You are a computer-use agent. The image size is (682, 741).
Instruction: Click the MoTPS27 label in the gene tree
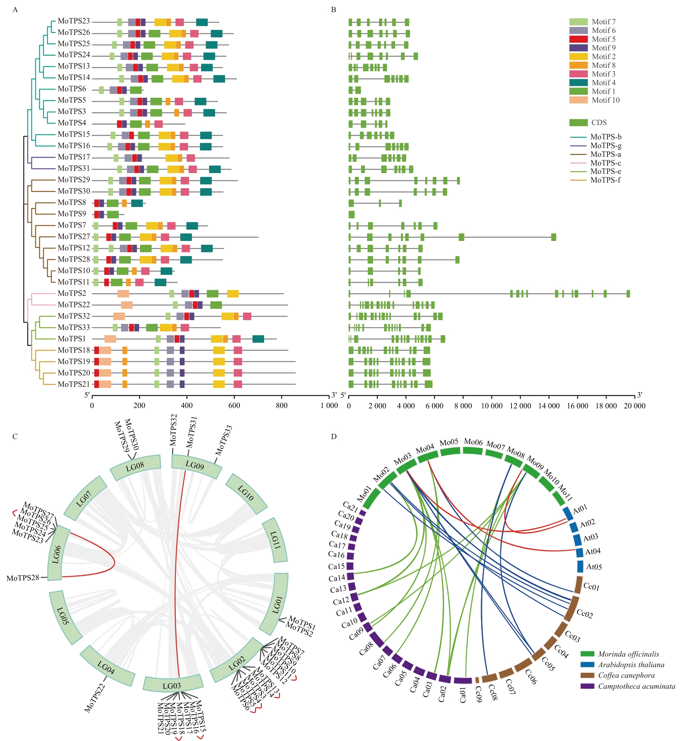point(74,237)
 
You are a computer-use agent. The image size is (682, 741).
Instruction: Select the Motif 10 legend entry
point(605,100)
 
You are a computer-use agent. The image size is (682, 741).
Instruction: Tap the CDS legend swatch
point(578,123)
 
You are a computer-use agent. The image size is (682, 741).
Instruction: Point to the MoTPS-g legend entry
point(605,146)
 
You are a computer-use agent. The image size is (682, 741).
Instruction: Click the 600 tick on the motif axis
point(234,406)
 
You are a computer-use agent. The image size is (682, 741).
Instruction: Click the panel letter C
point(15,436)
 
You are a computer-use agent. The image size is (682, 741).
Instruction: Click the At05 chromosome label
point(594,567)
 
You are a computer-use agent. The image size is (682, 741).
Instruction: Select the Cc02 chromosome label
point(585,613)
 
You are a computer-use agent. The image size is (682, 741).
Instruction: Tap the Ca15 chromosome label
point(336,567)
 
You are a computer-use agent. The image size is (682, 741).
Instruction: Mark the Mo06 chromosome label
point(473,442)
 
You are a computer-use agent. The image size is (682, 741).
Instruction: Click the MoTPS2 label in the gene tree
point(72,294)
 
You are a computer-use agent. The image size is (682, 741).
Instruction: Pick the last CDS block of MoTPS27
point(554,237)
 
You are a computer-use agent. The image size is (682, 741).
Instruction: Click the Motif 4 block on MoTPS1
point(258,339)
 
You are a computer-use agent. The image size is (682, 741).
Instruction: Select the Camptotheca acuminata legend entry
point(637,686)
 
